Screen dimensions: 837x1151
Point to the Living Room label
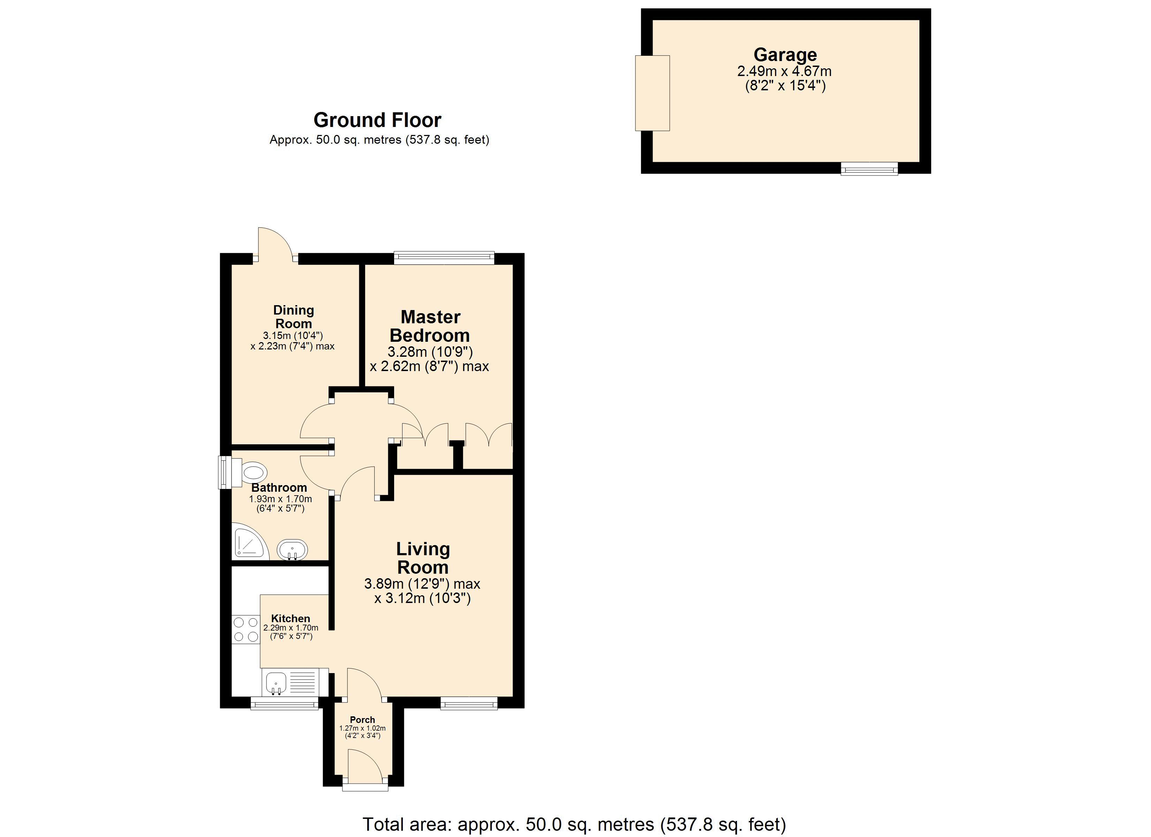coord(423,558)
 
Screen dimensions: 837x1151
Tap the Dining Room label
coord(293,317)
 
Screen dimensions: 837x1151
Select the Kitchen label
coord(290,618)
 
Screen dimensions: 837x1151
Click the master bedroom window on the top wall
coord(444,258)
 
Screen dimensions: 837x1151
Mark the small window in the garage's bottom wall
coord(869,168)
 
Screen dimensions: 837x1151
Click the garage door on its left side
coord(652,93)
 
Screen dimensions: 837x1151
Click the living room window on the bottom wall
coord(468,703)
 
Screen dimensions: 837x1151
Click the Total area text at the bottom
coord(574,824)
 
